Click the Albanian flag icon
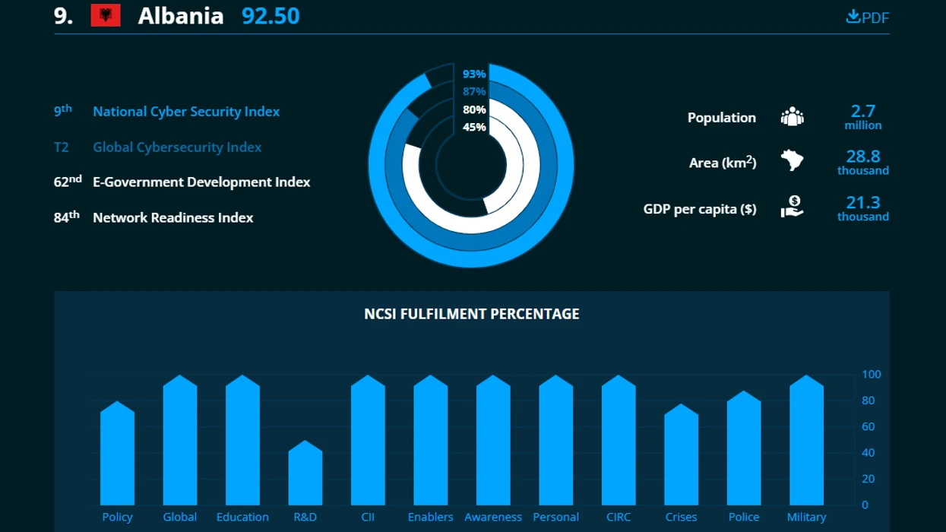tap(106, 15)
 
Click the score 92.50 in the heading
tap(271, 15)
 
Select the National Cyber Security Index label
tap(186, 112)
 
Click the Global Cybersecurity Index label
tap(177, 147)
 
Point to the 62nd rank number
tap(68, 182)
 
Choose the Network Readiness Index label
tap(173, 218)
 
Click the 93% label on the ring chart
tap(474, 74)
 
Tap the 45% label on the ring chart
tap(474, 127)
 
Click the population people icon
tap(792, 117)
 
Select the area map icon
tap(792, 161)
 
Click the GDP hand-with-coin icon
tap(792, 207)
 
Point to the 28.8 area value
tap(863, 157)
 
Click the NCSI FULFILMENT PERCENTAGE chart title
tap(472, 314)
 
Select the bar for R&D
tap(305, 475)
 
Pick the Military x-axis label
tap(806, 517)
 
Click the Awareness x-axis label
tap(493, 517)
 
